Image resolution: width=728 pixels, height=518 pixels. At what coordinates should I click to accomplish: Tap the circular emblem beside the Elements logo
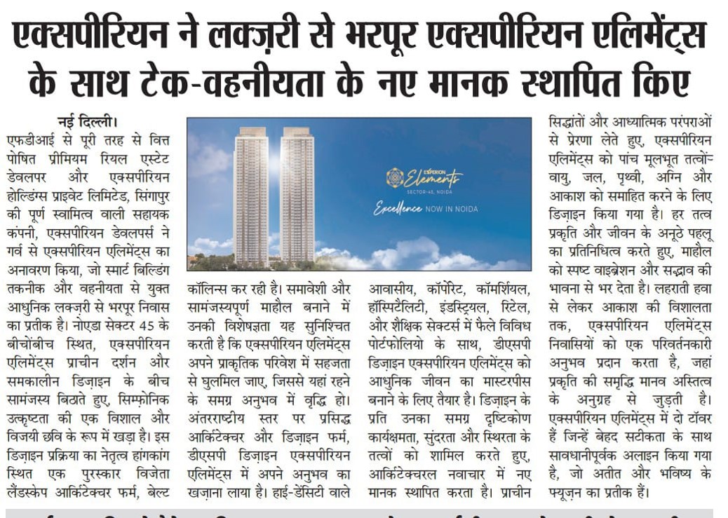[394, 177]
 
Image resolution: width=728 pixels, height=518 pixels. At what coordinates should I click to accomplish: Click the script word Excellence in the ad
[398, 209]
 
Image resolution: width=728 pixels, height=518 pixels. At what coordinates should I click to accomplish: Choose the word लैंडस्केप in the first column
[28, 492]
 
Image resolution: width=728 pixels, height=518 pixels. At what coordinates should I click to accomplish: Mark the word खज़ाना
[208, 492]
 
